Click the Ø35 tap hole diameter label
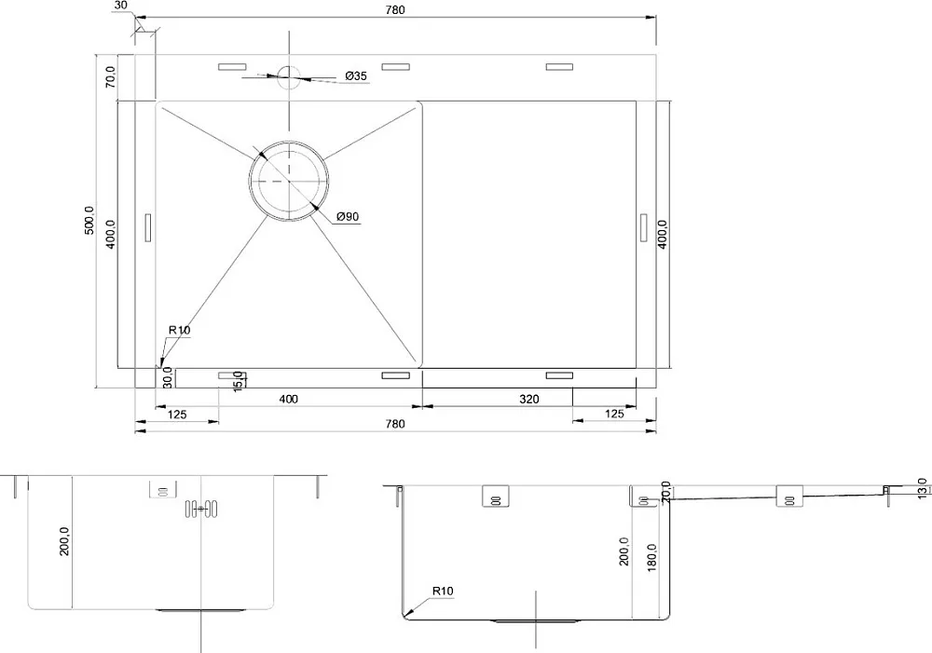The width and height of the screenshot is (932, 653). [x=356, y=76]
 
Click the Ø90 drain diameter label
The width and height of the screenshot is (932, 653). [x=348, y=216]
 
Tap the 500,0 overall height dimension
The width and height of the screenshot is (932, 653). [x=89, y=221]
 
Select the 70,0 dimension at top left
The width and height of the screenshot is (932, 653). [x=111, y=77]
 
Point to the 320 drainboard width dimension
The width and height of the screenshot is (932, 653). [x=529, y=399]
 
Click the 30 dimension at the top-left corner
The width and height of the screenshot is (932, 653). [x=120, y=6]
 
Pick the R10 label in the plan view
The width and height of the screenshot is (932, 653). [x=179, y=330]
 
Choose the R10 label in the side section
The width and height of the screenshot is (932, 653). [x=442, y=591]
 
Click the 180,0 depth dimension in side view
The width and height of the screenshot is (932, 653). [x=652, y=557]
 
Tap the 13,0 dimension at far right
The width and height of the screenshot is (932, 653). [x=922, y=489]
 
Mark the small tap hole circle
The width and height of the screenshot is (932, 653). [x=289, y=77]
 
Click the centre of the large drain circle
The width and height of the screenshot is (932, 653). [x=289, y=180]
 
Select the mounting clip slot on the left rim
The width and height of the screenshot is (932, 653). [x=148, y=227]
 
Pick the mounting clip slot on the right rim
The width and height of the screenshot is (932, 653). [x=644, y=227]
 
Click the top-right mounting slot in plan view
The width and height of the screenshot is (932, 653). [x=559, y=67]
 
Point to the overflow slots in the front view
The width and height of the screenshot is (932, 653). [x=201, y=509]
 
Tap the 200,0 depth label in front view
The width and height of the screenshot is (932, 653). [x=64, y=541]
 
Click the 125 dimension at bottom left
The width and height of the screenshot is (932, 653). [x=177, y=415]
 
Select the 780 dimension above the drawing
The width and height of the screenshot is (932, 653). [x=394, y=9]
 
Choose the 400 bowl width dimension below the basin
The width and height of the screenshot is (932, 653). [x=288, y=399]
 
